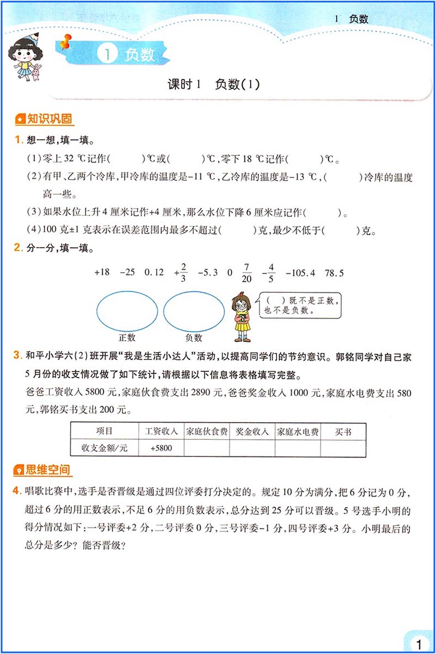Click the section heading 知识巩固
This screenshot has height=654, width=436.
45,119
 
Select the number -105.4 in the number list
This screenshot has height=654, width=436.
300,272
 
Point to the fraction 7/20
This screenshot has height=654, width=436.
246,272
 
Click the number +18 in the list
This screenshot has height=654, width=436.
103,272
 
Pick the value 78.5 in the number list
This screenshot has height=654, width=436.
334,272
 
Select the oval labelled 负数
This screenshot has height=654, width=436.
193,312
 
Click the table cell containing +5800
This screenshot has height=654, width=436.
161,448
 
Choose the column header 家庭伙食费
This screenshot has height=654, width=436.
207,432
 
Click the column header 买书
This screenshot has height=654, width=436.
343,432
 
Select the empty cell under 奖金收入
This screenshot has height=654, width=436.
252,448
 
